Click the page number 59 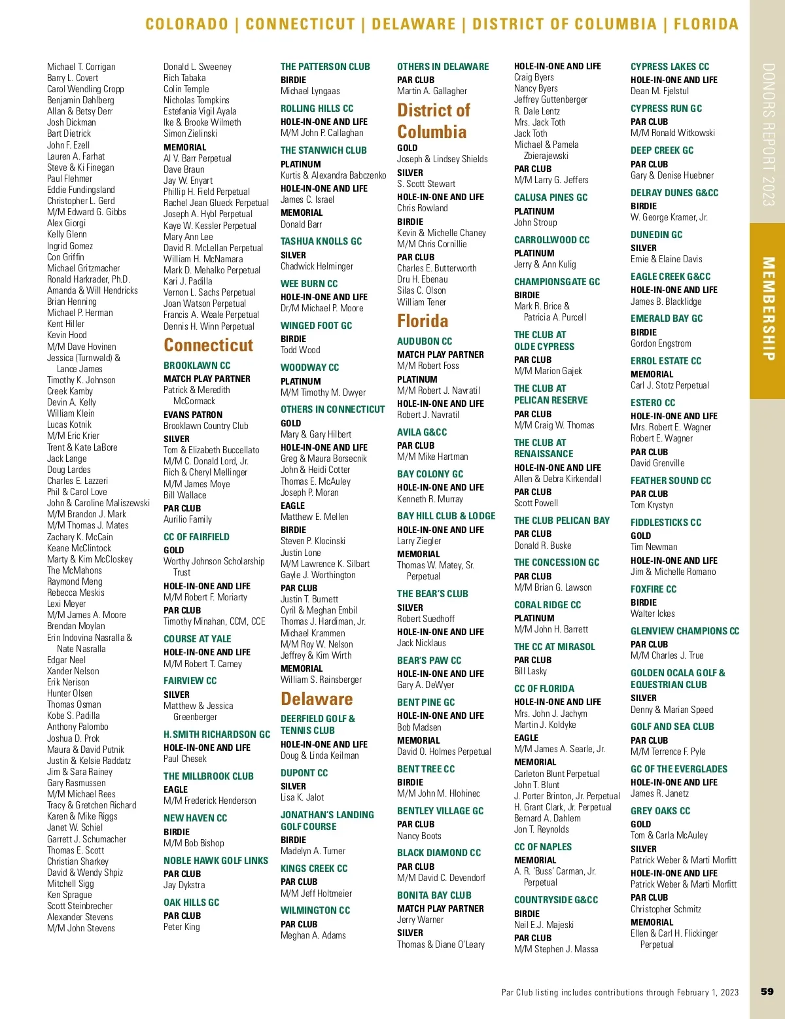(767, 992)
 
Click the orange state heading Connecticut (208, 345)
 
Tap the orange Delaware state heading (317, 699)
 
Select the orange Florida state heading (423, 321)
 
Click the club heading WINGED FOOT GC (316, 326)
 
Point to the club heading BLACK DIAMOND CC (438, 853)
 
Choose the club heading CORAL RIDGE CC (547, 605)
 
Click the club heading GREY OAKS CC (660, 811)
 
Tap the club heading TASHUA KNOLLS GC (321, 241)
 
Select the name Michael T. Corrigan (81, 67)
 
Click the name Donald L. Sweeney (197, 67)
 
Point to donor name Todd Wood (300, 350)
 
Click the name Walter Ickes (652, 613)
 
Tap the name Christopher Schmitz (665, 909)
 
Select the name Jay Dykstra (184, 885)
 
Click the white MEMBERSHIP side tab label (768, 308)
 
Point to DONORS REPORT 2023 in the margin (768, 134)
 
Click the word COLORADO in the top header (186, 24)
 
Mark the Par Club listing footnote (619, 992)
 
